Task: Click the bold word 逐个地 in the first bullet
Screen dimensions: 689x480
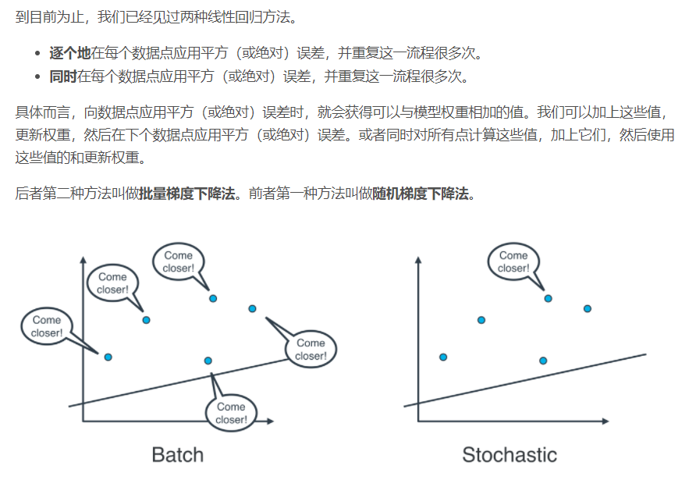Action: pos(69,54)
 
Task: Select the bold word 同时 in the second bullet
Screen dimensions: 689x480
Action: pos(62,76)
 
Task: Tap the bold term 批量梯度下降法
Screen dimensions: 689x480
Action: pos(187,194)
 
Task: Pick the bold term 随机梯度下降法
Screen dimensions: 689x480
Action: pos(421,194)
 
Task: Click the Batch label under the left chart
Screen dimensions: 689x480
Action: pos(177,455)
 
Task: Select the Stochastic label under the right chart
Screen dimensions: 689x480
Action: pos(510,455)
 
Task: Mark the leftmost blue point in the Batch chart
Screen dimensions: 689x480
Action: pos(108,357)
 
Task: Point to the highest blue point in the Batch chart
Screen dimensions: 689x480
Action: pos(212,298)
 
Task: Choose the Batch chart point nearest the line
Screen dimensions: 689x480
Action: pos(208,361)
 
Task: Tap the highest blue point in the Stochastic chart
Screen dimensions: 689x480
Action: pos(548,298)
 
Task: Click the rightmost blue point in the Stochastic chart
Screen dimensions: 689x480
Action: pos(587,309)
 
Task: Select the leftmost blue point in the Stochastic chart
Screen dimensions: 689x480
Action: pos(443,357)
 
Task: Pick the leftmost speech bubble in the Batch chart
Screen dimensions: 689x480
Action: pos(47,327)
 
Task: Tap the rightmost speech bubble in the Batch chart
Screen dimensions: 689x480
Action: pos(310,350)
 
